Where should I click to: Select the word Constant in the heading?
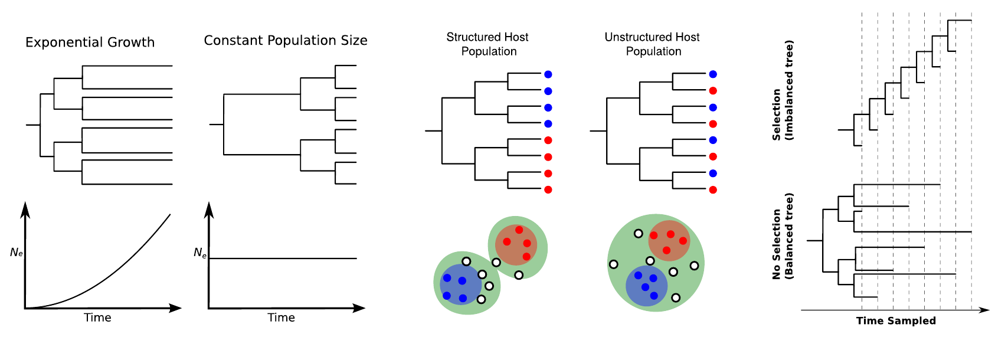point(233,41)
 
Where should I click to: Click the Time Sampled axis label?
point(896,320)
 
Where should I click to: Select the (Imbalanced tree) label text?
point(789,90)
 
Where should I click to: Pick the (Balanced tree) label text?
point(789,236)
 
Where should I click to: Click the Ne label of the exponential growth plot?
point(17,253)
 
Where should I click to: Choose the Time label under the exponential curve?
point(97,318)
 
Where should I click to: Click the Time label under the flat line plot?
point(281,318)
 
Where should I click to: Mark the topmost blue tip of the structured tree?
point(548,74)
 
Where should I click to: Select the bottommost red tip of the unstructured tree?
point(713,189)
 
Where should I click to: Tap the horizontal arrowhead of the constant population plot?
point(359,308)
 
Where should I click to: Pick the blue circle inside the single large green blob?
point(646,286)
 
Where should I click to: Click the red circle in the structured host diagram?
point(516,242)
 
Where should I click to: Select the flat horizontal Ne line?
point(283,258)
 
